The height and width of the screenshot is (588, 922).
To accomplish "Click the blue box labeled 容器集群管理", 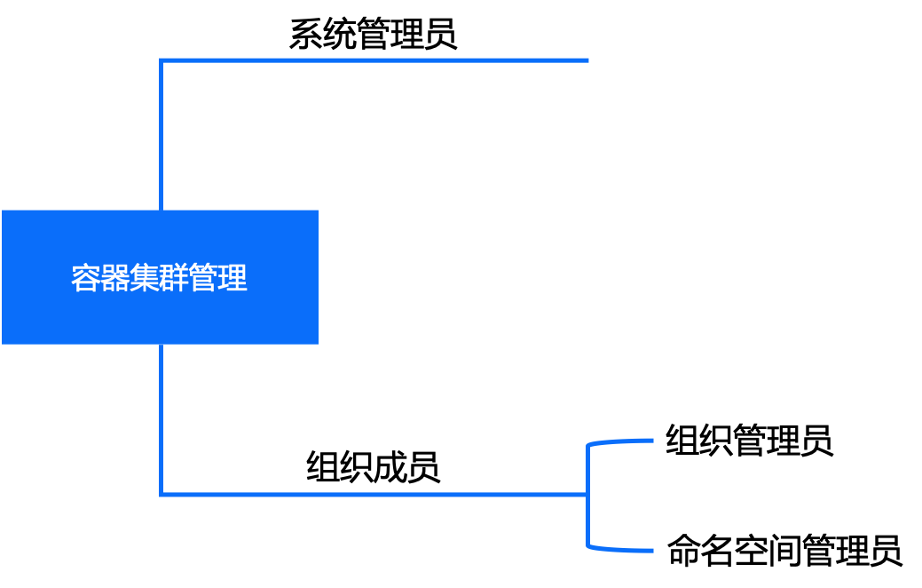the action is click(160, 277).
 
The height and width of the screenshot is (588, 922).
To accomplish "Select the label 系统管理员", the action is click(374, 34).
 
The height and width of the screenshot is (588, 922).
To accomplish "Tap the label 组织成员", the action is click(374, 467).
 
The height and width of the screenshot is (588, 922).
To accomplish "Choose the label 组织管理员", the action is click(749, 441).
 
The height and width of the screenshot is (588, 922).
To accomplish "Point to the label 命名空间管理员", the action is click(784, 551).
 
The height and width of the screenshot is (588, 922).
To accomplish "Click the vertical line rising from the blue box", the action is click(162, 135).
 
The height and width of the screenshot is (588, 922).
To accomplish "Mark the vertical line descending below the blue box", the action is click(162, 419).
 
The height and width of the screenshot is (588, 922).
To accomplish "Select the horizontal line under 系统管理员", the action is click(374, 60).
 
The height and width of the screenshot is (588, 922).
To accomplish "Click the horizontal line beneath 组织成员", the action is click(374, 495).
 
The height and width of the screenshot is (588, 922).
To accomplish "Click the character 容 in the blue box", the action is click(85, 278).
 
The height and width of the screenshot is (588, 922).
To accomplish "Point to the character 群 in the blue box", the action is click(173, 278).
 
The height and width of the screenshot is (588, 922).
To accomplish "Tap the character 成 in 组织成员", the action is click(390, 467).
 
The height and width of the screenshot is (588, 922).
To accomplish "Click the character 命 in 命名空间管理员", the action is click(684, 551).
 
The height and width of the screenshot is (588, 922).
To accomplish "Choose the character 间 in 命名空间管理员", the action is click(784, 551).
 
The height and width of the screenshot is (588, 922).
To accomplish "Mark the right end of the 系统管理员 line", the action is click(588, 60).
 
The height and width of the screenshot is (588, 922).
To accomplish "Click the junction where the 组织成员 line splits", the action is click(587, 495).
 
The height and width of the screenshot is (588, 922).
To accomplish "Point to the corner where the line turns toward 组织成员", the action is click(162, 495).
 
